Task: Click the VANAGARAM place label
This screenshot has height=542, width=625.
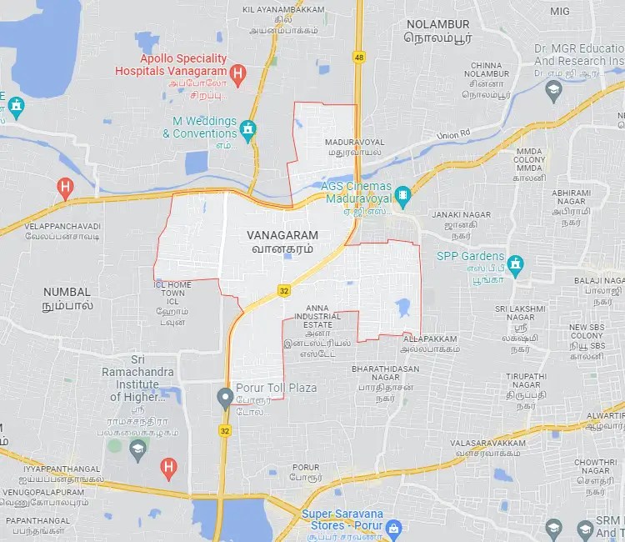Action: (x=282, y=236)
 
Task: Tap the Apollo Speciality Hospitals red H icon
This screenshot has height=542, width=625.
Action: (x=237, y=75)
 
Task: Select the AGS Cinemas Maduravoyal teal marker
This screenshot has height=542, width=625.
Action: (x=403, y=198)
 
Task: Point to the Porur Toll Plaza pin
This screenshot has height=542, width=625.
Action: (x=224, y=397)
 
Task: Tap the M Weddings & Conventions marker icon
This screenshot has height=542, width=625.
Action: (x=247, y=129)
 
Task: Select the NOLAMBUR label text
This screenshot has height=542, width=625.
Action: (x=437, y=25)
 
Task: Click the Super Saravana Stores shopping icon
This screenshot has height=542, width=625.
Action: (x=394, y=528)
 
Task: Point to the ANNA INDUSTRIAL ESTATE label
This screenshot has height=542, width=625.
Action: (x=323, y=316)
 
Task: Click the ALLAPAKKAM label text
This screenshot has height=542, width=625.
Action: (x=430, y=339)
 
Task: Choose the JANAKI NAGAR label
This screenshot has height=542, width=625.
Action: (x=457, y=215)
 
